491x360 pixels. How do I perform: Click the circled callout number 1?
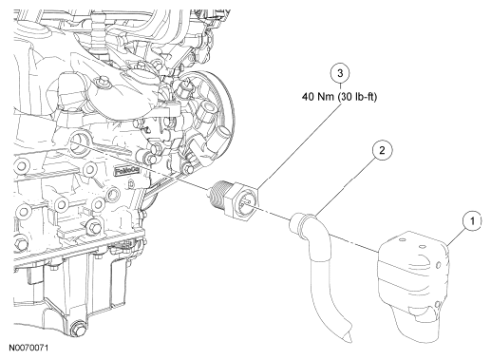472,220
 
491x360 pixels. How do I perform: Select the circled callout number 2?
382,150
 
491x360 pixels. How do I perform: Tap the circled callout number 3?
340,73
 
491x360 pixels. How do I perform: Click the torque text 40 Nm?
318,96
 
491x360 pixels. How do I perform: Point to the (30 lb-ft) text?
357,97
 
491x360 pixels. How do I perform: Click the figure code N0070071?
28,348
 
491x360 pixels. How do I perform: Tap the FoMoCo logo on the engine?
126,171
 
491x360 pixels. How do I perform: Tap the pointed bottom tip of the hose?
349,338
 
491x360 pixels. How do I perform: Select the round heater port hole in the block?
78,143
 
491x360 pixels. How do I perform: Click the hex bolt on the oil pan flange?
94,227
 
